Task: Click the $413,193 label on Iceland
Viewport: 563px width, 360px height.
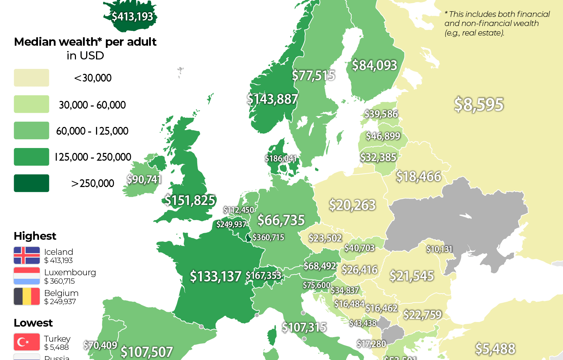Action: click(x=132, y=16)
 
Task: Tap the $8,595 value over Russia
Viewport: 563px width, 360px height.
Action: click(x=479, y=104)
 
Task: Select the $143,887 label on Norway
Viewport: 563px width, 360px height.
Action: click(x=272, y=99)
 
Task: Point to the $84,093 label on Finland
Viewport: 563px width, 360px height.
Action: click(x=375, y=65)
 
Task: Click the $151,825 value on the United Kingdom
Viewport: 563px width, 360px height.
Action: click(x=190, y=200)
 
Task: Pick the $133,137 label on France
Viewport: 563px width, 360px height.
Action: click(x=216, y=276)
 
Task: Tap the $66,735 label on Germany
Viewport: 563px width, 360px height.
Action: click(x=281, y=220)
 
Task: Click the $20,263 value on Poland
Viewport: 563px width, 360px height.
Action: click(x=352, y=205)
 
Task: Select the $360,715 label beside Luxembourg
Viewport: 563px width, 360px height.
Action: click(x=268, y=237)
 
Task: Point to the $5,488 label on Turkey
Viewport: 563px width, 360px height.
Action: click(x=495, y=349)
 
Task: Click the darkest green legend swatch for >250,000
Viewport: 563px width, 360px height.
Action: click(x=31, y=183)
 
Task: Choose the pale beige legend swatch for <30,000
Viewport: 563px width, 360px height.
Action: click(x=31, y=78)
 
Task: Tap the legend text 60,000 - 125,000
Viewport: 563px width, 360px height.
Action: click(x=92, y=131)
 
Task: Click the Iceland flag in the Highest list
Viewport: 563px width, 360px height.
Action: click(x=27, y=256)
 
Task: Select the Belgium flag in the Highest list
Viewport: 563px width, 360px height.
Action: click(x=27, y=297)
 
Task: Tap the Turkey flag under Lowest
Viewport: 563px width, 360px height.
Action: click(x=27, y=342)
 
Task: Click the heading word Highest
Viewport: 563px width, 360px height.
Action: click(x=35, y=236)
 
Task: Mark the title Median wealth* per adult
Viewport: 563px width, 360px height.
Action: click(x=85, y=42)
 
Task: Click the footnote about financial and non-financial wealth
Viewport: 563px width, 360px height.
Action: click(x=497, y=24)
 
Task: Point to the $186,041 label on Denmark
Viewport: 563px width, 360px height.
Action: click(x=281, y=159)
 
